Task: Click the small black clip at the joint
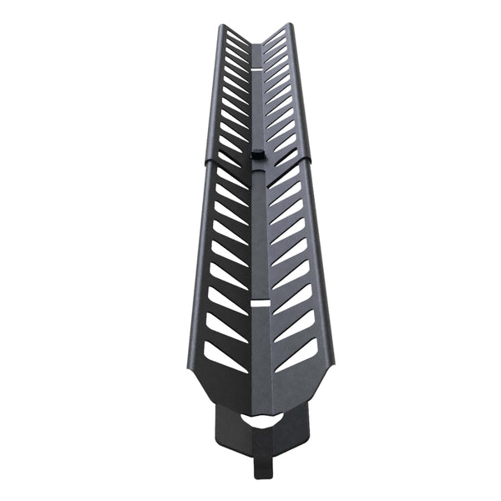258,155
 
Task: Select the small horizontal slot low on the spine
260,303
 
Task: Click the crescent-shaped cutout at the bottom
261,420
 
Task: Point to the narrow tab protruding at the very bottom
264,463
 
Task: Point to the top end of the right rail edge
290,25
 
